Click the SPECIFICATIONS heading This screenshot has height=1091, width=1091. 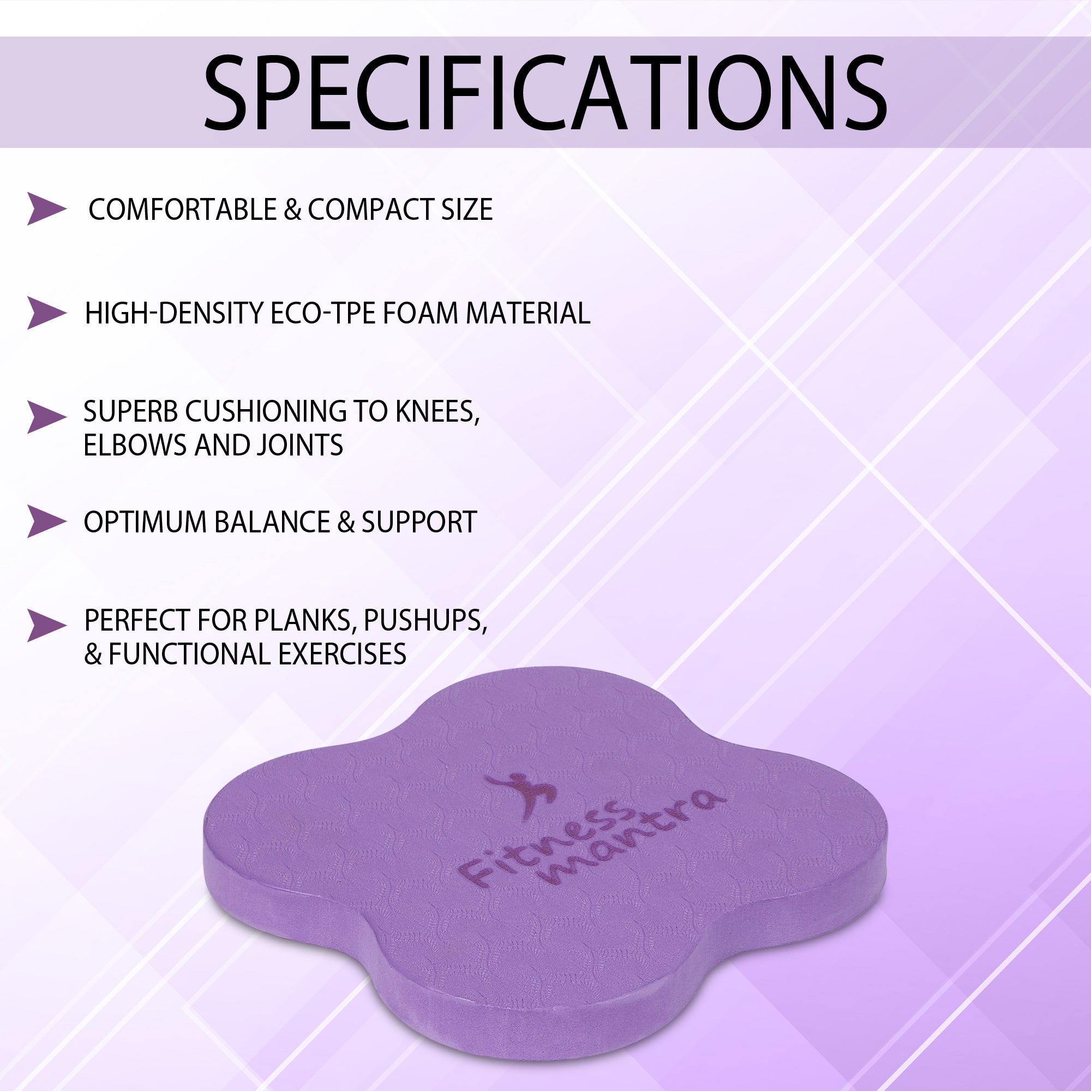(545, 93)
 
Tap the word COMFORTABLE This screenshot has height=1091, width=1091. (182, 209)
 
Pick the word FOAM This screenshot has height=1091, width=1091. (420, 314)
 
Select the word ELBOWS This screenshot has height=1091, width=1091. (135, 445)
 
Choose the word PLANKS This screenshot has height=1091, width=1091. (304, 620)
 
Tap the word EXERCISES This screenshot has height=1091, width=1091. (341, 654)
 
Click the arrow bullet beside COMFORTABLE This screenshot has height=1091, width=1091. (46, 209)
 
